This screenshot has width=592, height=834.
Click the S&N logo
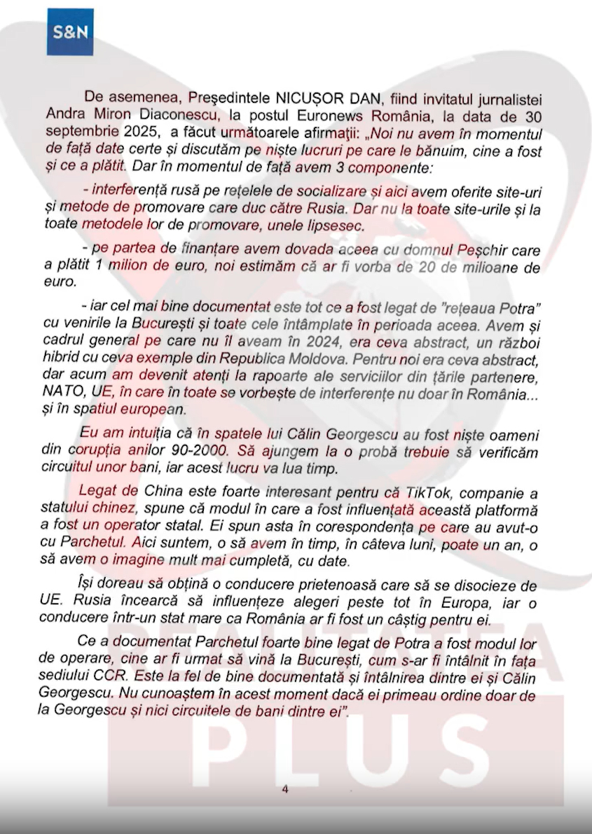70,32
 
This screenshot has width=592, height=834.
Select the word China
163,489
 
